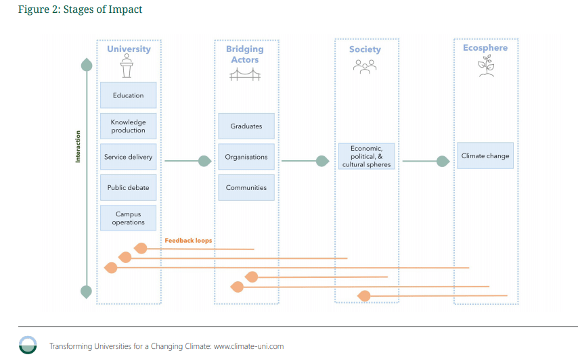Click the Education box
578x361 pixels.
coord(128,95)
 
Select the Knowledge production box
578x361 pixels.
coord(128,126)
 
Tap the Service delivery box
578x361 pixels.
coord(128,157)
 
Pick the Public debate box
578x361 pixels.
coord(128,187)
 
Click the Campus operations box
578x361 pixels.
coord(128,218)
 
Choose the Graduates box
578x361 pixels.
coord(246,126)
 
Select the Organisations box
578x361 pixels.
coord(246,157)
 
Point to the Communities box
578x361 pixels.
coord(246,187)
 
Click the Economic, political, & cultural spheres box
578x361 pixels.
coord(366,156)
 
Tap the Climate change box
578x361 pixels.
coord(485,155)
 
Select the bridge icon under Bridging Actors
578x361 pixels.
coord(245,75)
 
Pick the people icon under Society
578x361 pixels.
coord(365,66)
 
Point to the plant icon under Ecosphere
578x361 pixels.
coord(485,66)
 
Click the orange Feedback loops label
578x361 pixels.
coord(188,240)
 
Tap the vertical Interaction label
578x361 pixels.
coord(78,147)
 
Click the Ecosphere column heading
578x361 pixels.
coord(485,48)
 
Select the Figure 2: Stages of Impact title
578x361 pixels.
coord(80,9)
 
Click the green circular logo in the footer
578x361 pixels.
coord(28,344)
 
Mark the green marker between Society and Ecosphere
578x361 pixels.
coord(443,161)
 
